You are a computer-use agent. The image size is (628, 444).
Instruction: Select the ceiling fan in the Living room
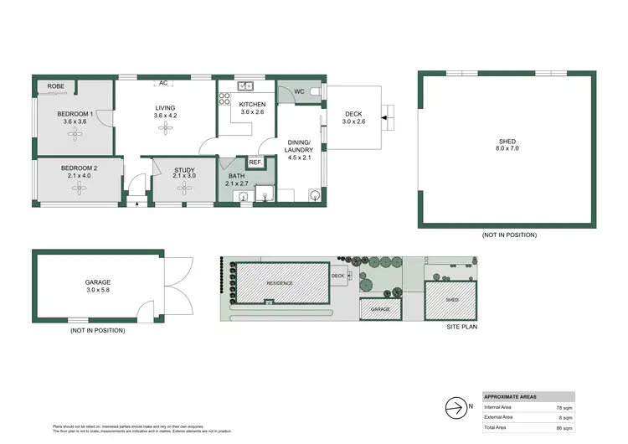(164, 132)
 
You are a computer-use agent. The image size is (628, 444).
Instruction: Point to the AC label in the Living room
(164, 83)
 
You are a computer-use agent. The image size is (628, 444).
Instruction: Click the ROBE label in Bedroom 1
(56, 86)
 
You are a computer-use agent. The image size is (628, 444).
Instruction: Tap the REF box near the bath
(255, 162)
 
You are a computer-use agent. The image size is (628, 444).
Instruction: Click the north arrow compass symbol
(455, 408)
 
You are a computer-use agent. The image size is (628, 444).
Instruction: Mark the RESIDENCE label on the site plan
(281, 283)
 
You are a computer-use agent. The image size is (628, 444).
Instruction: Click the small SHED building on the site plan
(451, 299)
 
